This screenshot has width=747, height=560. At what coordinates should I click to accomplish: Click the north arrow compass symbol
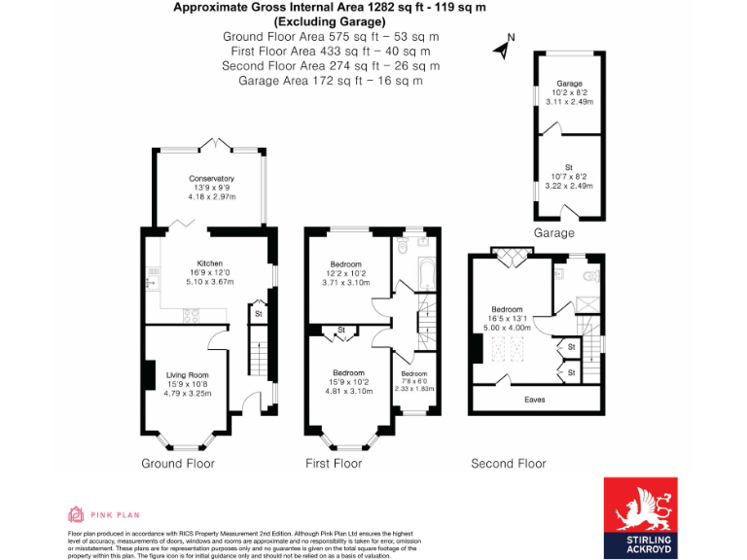click(503, 44)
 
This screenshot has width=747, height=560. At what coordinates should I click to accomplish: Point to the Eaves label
click(534, 400)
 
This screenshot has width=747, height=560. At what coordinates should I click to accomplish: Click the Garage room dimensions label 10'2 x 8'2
click(569, 92)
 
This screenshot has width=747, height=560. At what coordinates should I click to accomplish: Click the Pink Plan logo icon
click(76, 513)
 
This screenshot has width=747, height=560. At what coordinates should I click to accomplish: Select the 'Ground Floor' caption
click(178, 464)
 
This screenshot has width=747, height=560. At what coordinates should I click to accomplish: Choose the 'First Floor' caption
click(334, 464)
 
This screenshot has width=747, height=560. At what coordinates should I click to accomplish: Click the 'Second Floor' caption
click(508, 464)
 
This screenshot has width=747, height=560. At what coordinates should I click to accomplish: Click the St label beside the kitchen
click(259, 314)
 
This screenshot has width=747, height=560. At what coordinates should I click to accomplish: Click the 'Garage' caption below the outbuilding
click(554, 233)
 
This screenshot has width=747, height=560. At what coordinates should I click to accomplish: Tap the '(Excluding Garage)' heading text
click(330, 21)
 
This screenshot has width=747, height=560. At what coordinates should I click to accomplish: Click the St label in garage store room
click(569, 167)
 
